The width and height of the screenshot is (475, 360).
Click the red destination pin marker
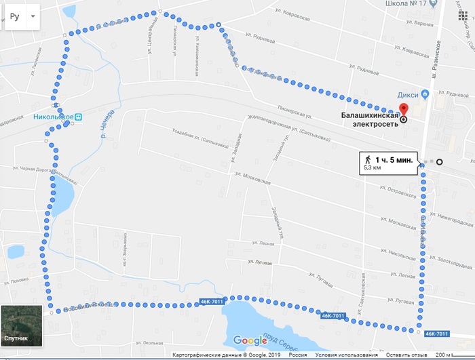pos(404,111)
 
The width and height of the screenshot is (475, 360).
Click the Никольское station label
pos(52,116)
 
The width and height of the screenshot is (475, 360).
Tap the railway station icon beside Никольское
pos(79,116)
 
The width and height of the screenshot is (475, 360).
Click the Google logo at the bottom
pos(250,340)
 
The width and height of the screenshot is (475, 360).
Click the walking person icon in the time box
pos(368,159)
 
